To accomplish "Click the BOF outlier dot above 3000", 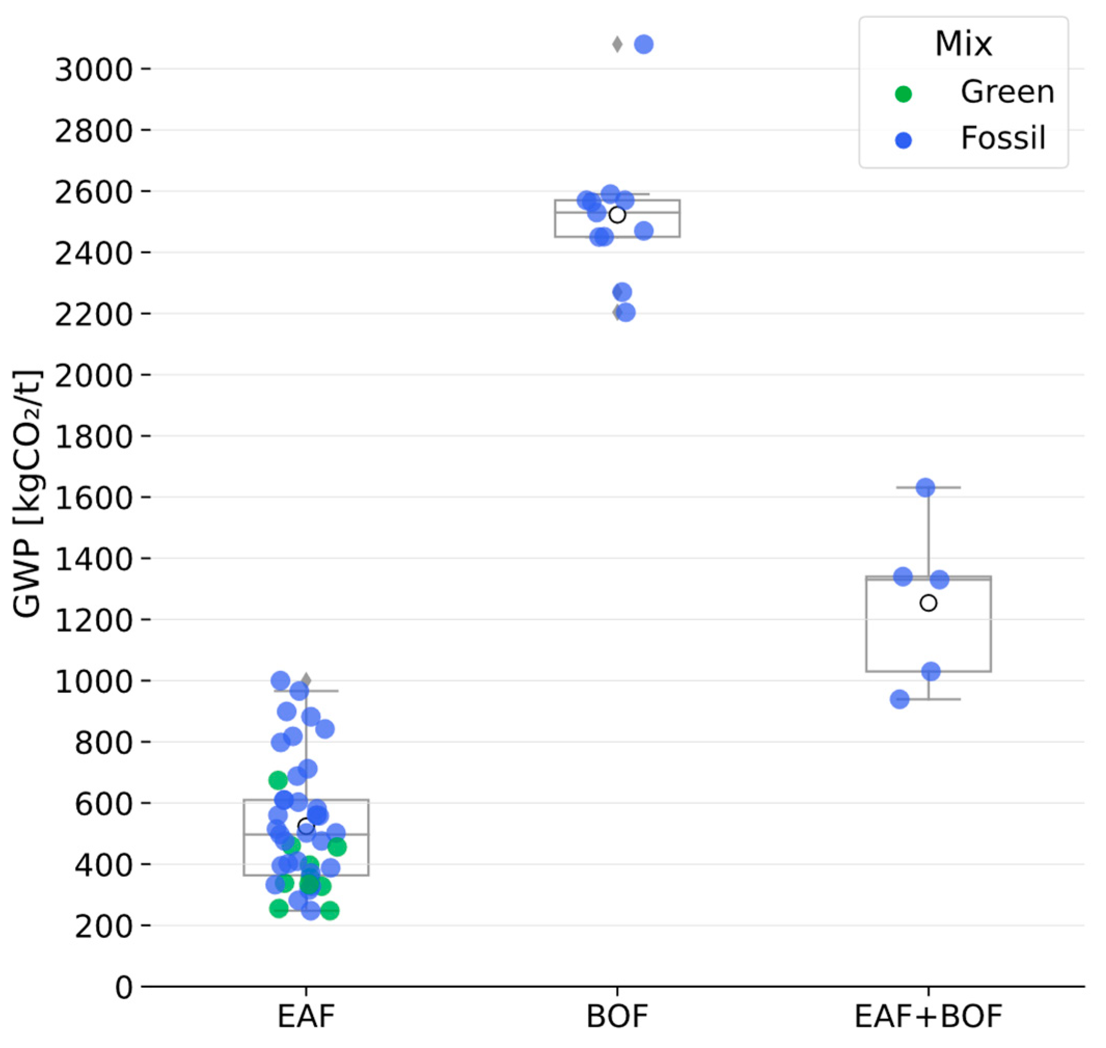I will pos(644,44).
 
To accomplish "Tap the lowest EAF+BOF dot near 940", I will pos(899,699).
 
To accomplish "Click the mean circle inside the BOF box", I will pos(617,214).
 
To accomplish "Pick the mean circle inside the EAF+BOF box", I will pos(929,603).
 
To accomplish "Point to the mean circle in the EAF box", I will pos(306,826).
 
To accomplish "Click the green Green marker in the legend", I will pos(903,94).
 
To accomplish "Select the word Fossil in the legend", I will pos(1003,138).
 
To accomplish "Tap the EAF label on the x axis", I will pos(306,1016).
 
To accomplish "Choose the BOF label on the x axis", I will pos(617,1016).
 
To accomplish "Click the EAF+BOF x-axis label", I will pos(929,1016).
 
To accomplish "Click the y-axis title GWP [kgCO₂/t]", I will pos(28,494).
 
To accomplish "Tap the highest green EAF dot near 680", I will pos(278,779).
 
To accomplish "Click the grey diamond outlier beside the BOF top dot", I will pos(617,44).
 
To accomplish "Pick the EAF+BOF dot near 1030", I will pos(931,671).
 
